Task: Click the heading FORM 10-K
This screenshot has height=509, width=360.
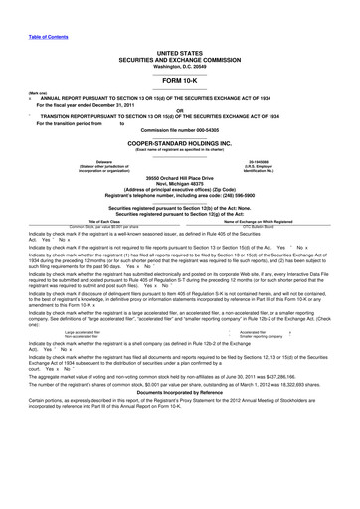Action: coord(179,79)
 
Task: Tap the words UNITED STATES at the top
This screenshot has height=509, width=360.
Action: coord(179,51)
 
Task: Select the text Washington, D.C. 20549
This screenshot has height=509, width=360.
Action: coord(179,64)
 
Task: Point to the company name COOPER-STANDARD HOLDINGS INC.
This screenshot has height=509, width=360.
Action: coord(179,142)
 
